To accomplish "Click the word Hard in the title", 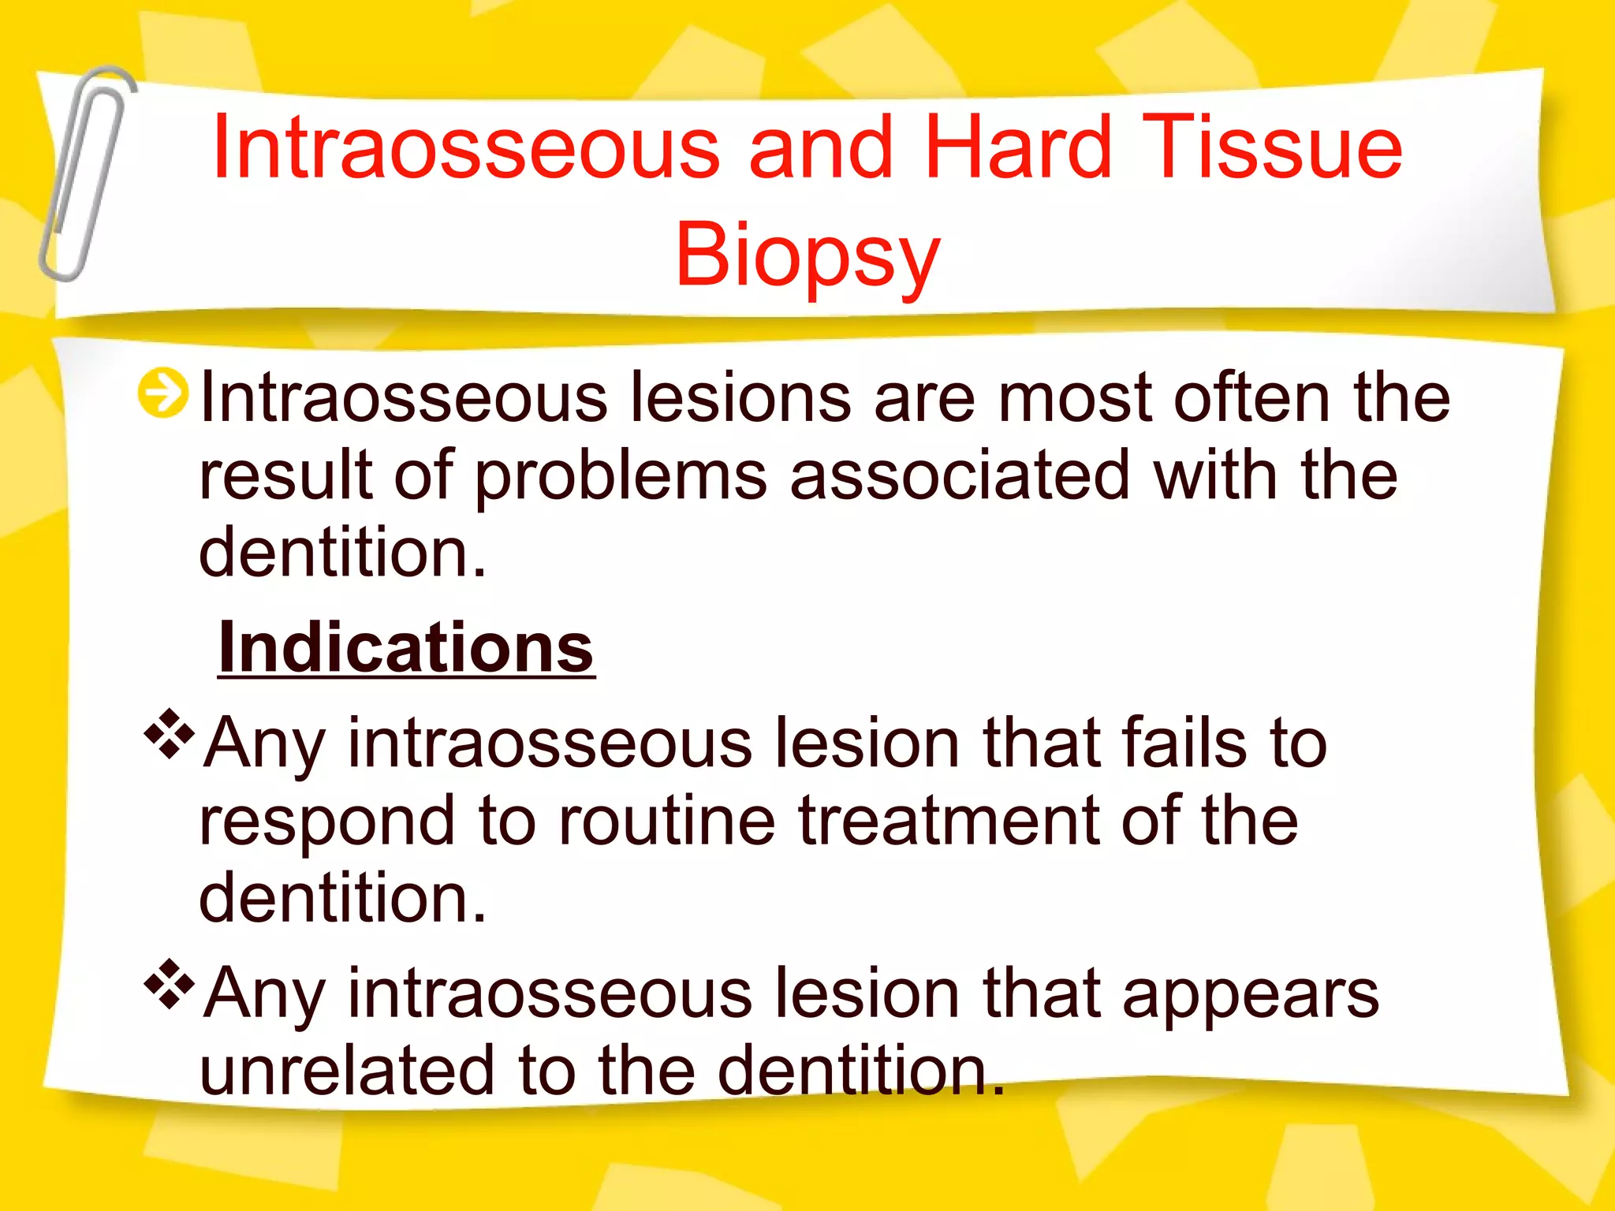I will tap(1017, 147).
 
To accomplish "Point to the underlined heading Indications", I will tap(405, 648).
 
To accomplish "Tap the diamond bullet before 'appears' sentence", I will tap(169, 985).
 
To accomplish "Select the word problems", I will tap(621, 478).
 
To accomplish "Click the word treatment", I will tap(949, 821).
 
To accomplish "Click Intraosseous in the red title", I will tap(465, 147).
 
